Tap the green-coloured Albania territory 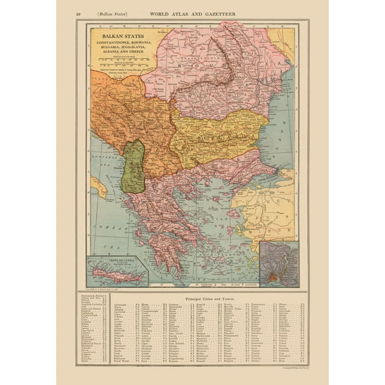[x=135, y=166]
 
